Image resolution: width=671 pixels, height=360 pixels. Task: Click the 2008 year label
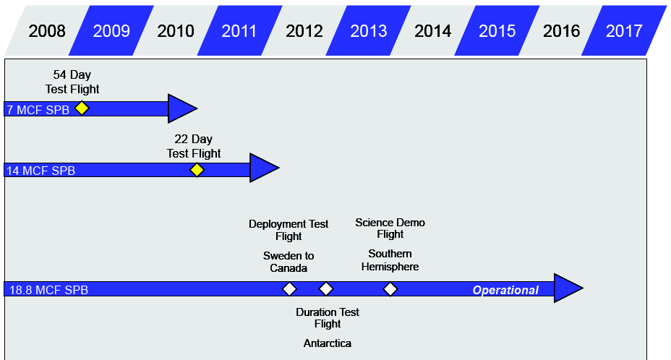[47, 31]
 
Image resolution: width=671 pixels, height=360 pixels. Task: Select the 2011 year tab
[239, 30]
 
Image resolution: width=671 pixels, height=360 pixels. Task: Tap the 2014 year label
[432, 31]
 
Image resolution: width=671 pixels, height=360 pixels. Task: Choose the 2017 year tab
[624, 30]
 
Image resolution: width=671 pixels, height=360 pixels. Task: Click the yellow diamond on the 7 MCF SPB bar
[82, 108]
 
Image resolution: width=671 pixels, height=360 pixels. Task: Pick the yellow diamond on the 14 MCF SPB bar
[197, 170]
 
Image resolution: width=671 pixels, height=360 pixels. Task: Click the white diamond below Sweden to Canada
[290, 289]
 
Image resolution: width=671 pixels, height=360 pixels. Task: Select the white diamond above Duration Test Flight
[326, 289]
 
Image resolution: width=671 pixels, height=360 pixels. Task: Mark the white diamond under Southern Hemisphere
[390, 289]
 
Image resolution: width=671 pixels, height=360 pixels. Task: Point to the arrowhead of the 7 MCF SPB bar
[182, 108]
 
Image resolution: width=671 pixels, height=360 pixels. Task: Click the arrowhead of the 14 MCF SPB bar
[264, 168]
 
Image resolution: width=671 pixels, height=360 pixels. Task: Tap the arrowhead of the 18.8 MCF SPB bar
[568, 288]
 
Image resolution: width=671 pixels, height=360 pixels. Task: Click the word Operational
[505, 290]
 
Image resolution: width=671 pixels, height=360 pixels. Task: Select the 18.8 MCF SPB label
[48, 290]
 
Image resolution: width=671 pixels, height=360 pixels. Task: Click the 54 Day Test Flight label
[72, 82]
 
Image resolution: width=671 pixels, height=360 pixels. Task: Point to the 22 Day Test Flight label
[194, 146]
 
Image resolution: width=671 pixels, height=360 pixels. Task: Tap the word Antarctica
[328, 343]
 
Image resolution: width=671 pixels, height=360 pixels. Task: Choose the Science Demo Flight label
[390, 228]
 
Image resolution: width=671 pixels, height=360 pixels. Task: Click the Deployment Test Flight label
[289, 230]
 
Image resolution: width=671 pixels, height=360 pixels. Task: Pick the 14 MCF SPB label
[40, 171]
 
